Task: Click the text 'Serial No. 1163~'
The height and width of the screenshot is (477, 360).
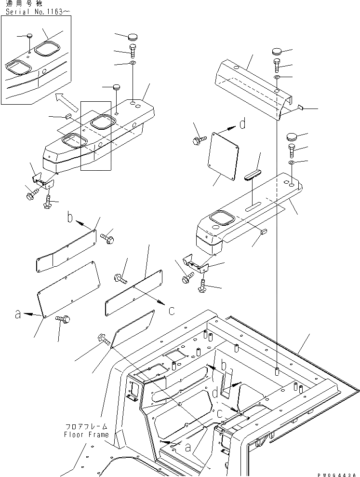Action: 32,12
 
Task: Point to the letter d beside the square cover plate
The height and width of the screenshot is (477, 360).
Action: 242,124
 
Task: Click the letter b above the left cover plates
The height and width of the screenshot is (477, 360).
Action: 70,218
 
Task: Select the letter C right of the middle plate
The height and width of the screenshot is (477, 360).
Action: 172,311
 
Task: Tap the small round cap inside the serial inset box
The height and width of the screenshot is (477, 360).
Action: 29,36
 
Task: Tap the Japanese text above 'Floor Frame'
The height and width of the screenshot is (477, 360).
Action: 87,427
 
